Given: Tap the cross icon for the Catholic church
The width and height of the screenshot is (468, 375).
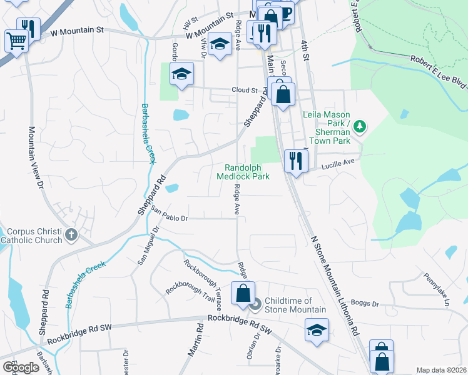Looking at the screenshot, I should point(71,236).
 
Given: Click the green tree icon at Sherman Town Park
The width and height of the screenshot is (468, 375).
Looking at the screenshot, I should point(359,127).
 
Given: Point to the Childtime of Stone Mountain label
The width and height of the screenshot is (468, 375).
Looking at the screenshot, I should point(295,305).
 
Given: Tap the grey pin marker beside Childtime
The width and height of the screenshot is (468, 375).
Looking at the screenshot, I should point(255,306).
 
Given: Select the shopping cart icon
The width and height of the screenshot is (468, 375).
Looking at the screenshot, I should point(16,41).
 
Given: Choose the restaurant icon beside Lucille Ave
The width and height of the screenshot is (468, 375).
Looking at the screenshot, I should point(295,161).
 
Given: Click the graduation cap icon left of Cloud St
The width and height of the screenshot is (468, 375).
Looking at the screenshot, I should point(181,74).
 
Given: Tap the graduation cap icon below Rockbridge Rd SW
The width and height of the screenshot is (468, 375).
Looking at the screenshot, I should point(317,329).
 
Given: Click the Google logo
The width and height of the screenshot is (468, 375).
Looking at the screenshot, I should point(21,367).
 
